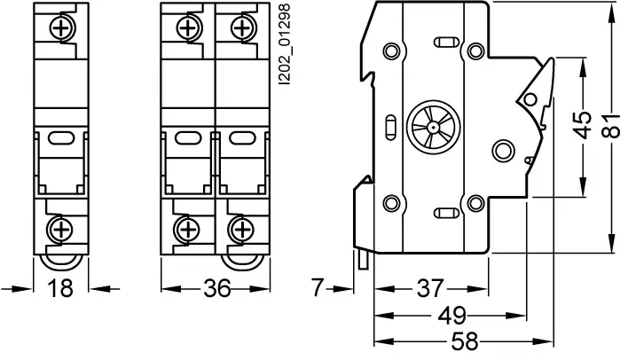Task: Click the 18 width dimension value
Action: tap(60, 288)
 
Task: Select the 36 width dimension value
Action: tap(217, 288)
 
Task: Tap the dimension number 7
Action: tap(318, 287)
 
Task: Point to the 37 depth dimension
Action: tap(430, 288)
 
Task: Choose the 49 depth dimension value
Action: tap(452, 316)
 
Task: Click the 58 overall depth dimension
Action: tap(465, 341)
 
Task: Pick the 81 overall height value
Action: tap(611, 125)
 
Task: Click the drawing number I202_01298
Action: tap(284, 44)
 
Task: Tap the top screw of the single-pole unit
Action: tap(61, 28)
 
